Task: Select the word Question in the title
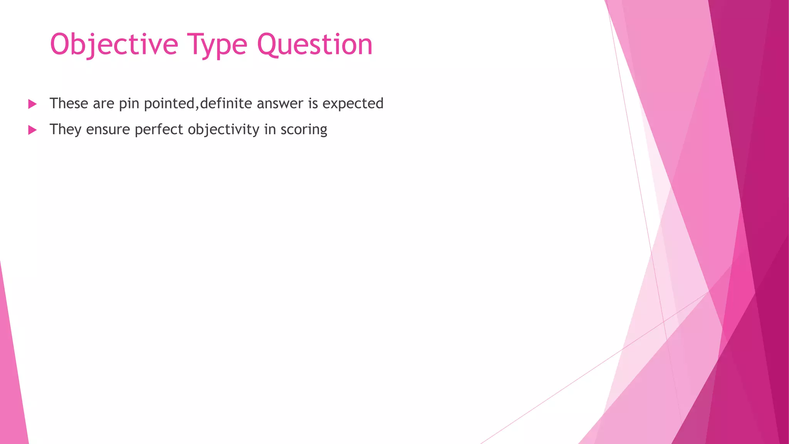click(315, 45)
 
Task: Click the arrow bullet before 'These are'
click(32, 104)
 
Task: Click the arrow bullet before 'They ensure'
click(32, 130)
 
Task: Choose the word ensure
click(108, 129)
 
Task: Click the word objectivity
click(223, 129)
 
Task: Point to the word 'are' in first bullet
click(104, 104)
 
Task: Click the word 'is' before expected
click(313, 103)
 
